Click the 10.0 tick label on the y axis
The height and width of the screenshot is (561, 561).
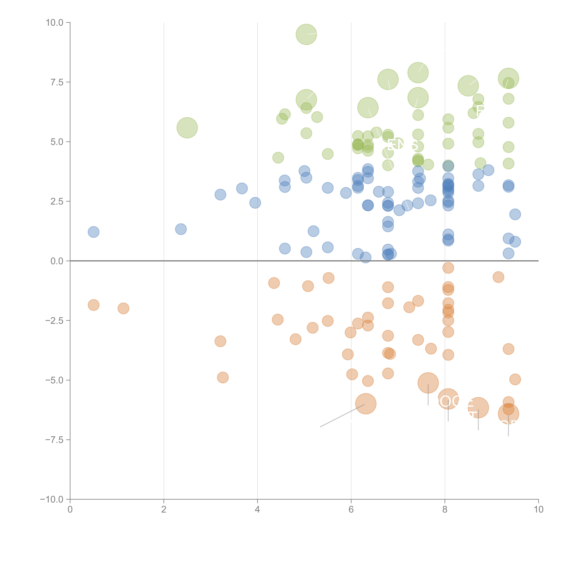[x=54, y=23]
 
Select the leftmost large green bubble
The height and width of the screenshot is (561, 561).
[x=187, y=128]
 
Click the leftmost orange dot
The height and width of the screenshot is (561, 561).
[x=93, y=305]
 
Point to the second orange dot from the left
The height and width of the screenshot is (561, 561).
[x=123, y=308]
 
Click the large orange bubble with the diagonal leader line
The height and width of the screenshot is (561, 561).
[x=366, y=404]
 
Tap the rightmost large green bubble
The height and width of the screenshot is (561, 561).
[x=508, y=78]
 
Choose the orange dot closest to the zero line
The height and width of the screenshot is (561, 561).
[x=448, y=268]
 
